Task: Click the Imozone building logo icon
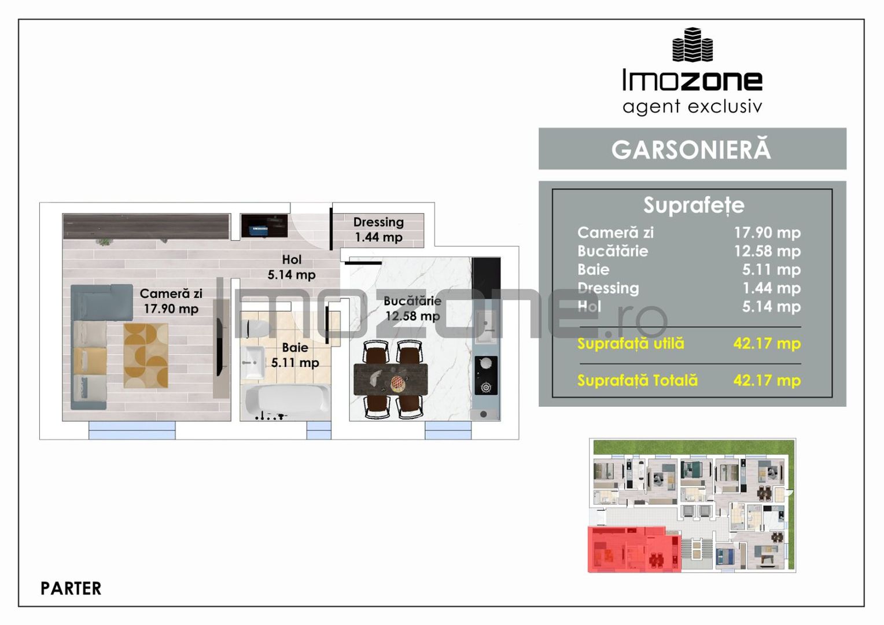(692, 45)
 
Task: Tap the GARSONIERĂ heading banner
(692, 149)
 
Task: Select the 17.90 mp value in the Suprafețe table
(767, 233)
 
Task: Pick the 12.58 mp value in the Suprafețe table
(767, 251)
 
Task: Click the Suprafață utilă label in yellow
(631, 344)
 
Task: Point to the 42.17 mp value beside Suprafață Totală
(767, 381)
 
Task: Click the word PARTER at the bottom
(71, 589)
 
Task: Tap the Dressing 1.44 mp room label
(378, 230)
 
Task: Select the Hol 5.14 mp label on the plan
(292, 267)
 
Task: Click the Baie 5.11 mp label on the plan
(295, 355)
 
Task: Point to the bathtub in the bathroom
(287, 400)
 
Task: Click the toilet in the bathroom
(255, 328)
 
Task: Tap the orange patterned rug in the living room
(146, 355)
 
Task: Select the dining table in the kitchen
(391, 380)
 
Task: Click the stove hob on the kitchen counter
(486, 375)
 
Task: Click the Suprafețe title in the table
(694, 205)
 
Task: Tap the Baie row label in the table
(593, 270)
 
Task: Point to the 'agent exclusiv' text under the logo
(692, 106)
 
